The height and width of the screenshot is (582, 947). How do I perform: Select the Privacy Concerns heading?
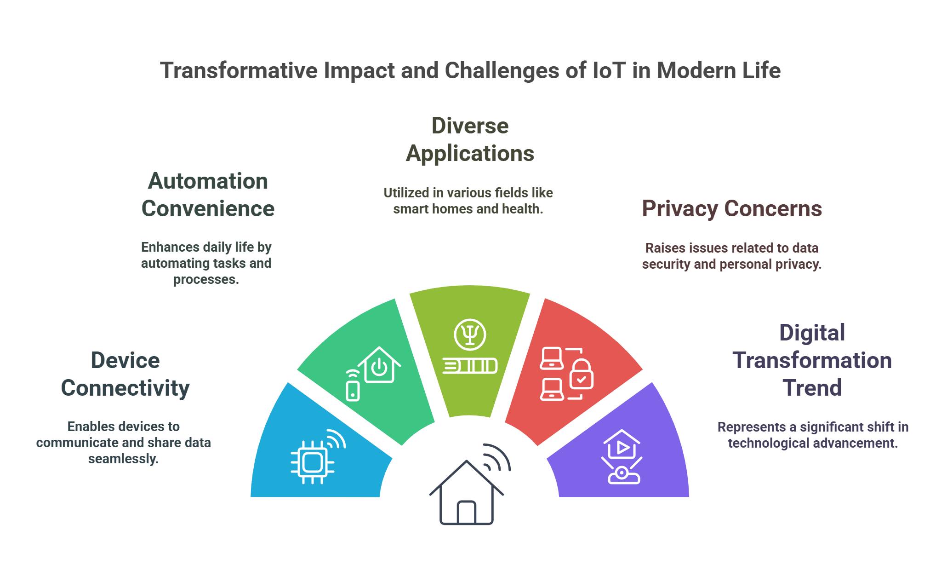[731, 208]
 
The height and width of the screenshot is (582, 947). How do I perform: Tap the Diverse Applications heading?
[470, 139]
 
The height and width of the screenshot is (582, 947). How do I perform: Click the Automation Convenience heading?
[208, 195]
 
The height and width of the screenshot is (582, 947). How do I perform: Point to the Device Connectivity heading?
[125, 374]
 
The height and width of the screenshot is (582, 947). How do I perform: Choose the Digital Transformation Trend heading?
[812, 360]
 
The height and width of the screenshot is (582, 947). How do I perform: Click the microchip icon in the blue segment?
[313, 462]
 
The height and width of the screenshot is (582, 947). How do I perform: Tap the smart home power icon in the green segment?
[379, 366]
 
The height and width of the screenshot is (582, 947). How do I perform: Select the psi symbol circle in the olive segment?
[470, 334]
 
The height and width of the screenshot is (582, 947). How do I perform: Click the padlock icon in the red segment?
[582, 375]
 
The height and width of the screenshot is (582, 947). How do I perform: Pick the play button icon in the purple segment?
[622, 447]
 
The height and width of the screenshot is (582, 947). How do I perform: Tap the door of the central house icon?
[466, 513]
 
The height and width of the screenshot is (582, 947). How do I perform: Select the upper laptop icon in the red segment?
[552, 358]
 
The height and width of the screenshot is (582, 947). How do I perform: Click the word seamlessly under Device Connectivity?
[123, 459]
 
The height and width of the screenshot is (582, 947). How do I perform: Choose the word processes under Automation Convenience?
[205, 279]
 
